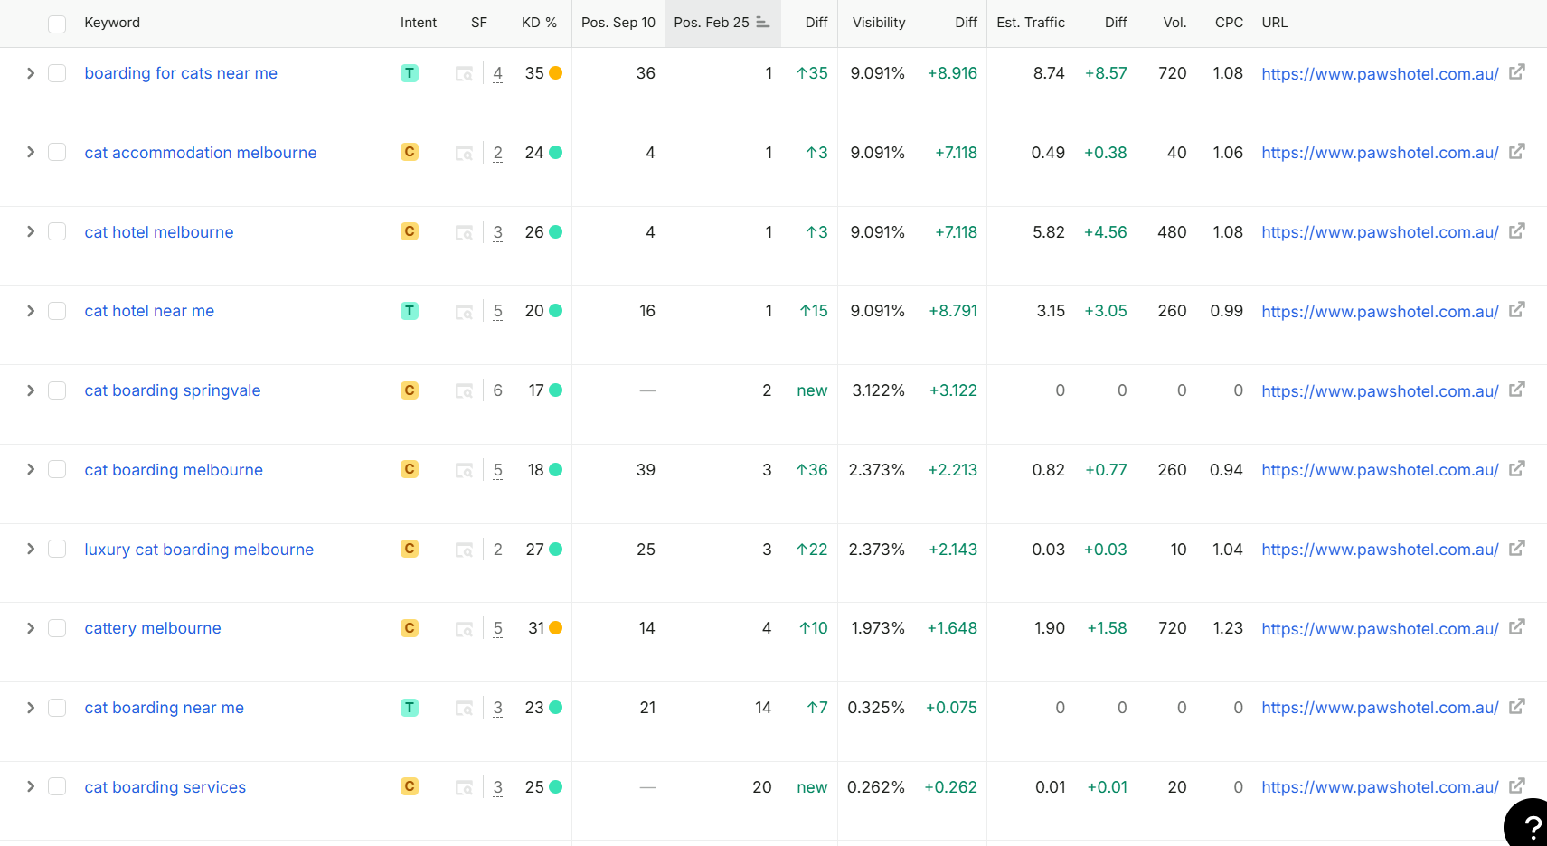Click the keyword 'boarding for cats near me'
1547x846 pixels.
pyautogui.click(x=181, y=73)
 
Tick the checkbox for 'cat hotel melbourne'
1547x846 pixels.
pyautogui.click(x=57, y=231)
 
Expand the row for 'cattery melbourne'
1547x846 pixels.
pyautogui.click(x=31, y=628)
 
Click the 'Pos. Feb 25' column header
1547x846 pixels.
pyautogui.click(x=712, y=23)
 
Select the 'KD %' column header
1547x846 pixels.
pyautogui.click(x=540, y=23)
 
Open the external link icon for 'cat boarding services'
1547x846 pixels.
pyautogui.click(x=1516, y=786)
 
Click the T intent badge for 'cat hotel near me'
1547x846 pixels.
pyautogui.click(x=410, y=311)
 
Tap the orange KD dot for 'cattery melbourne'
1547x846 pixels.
pyautogui.click(x=555, y=628)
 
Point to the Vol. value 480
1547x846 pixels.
pyautogui.click(x=1172, y=232)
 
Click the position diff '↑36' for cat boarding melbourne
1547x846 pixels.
pyautogui.click(x=812, y=470)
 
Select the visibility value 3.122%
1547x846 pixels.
pyautogui.click(x=879, y=390)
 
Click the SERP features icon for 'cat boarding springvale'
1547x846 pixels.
pyautogui.click(x=464, y=390)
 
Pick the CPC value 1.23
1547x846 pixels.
pyautogui.click(x=1227, y=628)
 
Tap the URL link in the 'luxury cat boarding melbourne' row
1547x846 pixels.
pyautogui.click(x=1380, y=550)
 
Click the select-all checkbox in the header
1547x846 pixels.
pyautogui.click(x=57, y=24)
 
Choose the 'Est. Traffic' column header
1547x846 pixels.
pyautogui.click(x=1031, y=23)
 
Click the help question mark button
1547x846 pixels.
pyautogui.click(x=1528, y=824)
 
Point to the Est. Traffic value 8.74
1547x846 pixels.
pyautogui.click(x=1049, y=73)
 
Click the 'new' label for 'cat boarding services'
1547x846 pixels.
pyautogui.click(x=812, y=787)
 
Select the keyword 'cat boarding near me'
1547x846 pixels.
pyautogui.click(x=165, y=707)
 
